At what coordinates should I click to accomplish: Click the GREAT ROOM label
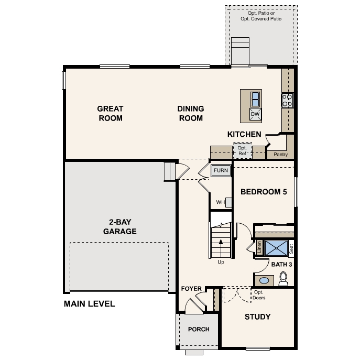pos(110,113)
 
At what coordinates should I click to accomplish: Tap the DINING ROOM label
pos(190,113)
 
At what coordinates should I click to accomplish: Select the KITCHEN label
pos(244,135)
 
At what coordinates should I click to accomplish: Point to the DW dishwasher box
pos(255,114)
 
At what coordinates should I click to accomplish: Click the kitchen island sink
pos(255,99)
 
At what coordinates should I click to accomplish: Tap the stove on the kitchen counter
pos(287,100)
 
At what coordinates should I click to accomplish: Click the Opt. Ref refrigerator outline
pos(242,151)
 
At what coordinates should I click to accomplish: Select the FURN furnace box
pos(221,170)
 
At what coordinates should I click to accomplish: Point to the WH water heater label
pos(220,202)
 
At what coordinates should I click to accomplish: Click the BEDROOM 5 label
pos(264,192)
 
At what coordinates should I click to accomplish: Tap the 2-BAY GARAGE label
pos(119,227)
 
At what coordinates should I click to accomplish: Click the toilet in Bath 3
pos(283,278)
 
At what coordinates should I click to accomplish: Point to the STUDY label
pos(258,317)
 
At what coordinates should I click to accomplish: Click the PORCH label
pos(199,330)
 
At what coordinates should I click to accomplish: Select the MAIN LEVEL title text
pos(89,304)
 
